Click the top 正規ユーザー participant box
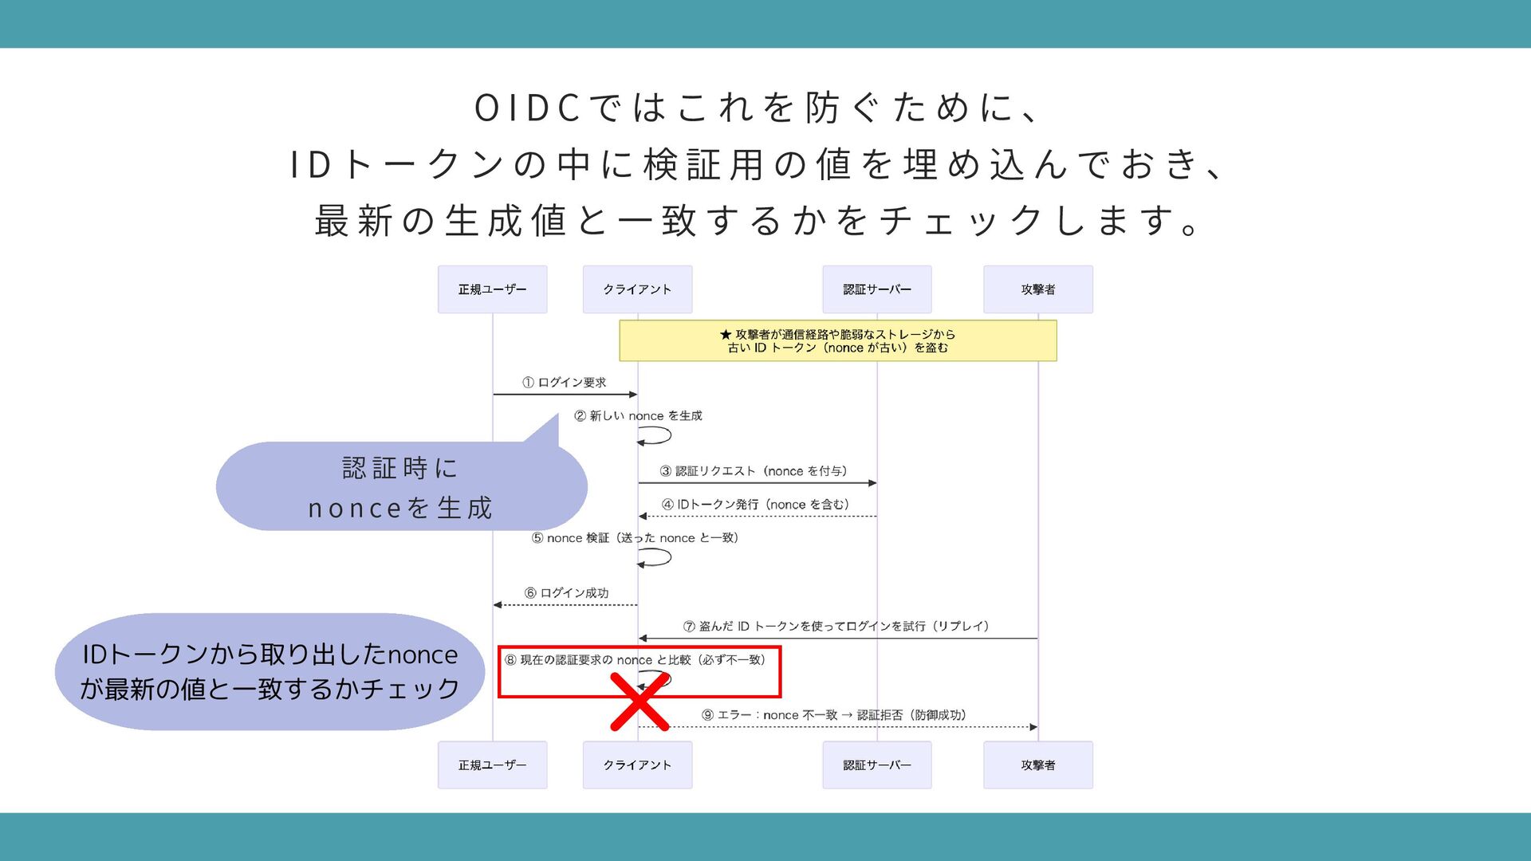point(492,289)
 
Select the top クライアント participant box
point(637,289)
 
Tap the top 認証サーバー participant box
point(876,289)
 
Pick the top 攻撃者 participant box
point(1037,289)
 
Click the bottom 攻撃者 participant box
point(1037,765)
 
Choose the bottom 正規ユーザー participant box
point(492,765)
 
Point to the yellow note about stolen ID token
point(837,340)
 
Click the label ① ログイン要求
point(565,383)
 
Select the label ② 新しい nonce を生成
point(638,415)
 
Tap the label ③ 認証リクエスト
point(754,471)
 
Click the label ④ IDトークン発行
point(755,505)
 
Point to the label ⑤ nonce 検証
point(636,538)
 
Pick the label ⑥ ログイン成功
point(566,593)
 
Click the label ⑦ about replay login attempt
point(836,627)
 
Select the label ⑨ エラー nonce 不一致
point(834,715)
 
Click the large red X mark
point(640,702)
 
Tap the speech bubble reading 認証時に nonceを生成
point(400,487)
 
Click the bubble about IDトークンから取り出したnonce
point(270,671)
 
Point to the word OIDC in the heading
point(526,108)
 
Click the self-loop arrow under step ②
point(655,436)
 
